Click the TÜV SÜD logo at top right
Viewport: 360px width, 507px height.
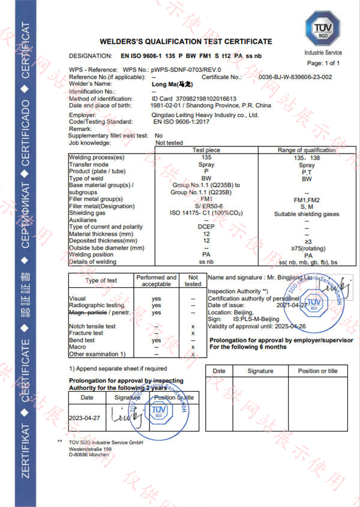[x=323, y=29]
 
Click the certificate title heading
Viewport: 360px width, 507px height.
[x=185, y=41]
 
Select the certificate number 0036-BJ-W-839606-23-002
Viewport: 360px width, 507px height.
[x=295, y=77]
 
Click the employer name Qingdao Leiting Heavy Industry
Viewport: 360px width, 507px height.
[x=205, y=115]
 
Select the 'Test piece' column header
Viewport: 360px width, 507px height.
[x=206, y=150]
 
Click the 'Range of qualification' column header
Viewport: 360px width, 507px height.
[x=307, y=150]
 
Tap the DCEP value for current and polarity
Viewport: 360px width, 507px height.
[x=206, y=227]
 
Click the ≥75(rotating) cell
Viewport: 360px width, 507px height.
[x=307, y=247]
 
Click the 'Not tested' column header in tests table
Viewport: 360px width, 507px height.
[x=193, y=280]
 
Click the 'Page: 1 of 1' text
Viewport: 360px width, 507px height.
[x=323, y=63]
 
